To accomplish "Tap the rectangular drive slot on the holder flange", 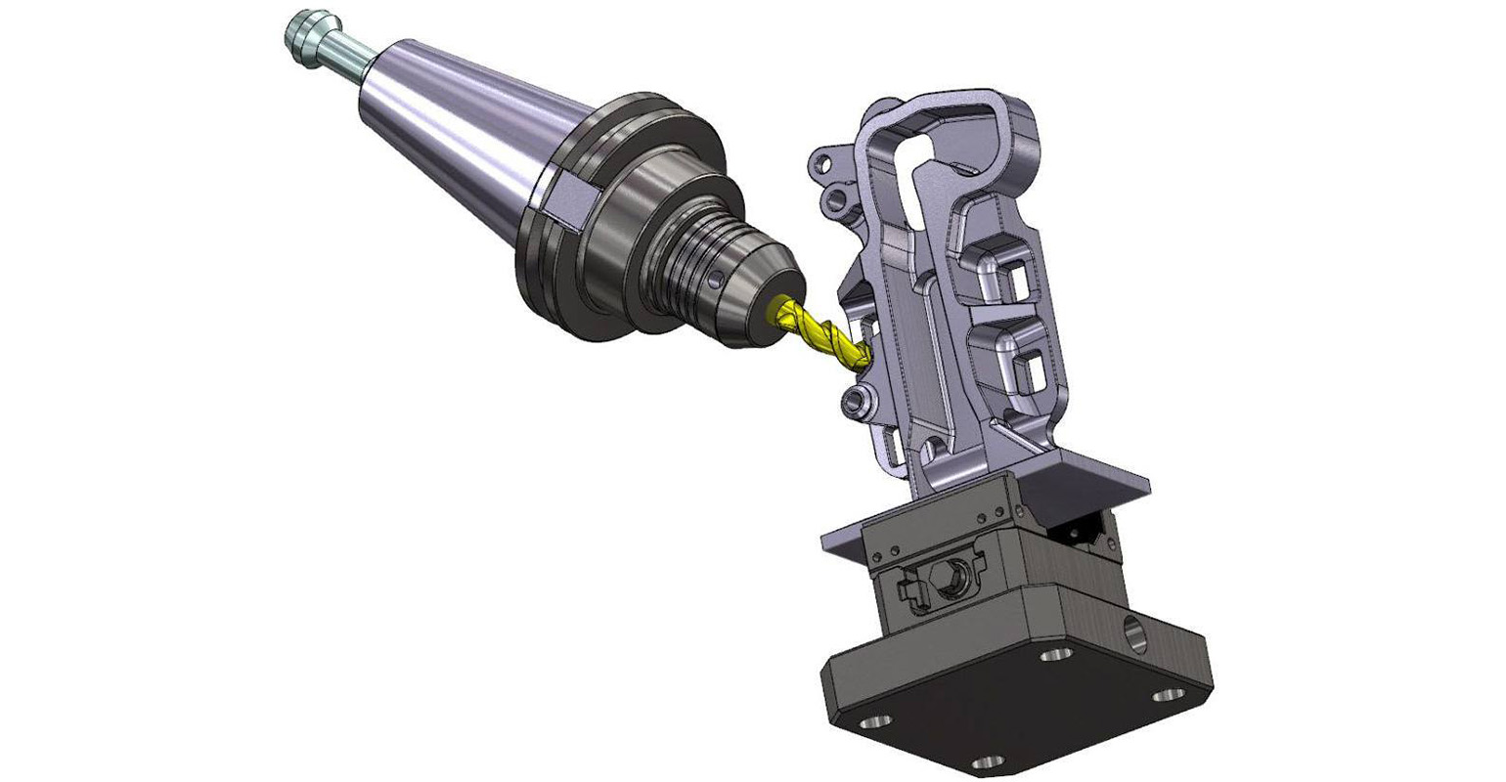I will click(x=566, y=199).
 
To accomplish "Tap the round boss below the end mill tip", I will click(x=860, y=398).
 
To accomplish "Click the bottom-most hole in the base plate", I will click(x=985, y=760).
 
